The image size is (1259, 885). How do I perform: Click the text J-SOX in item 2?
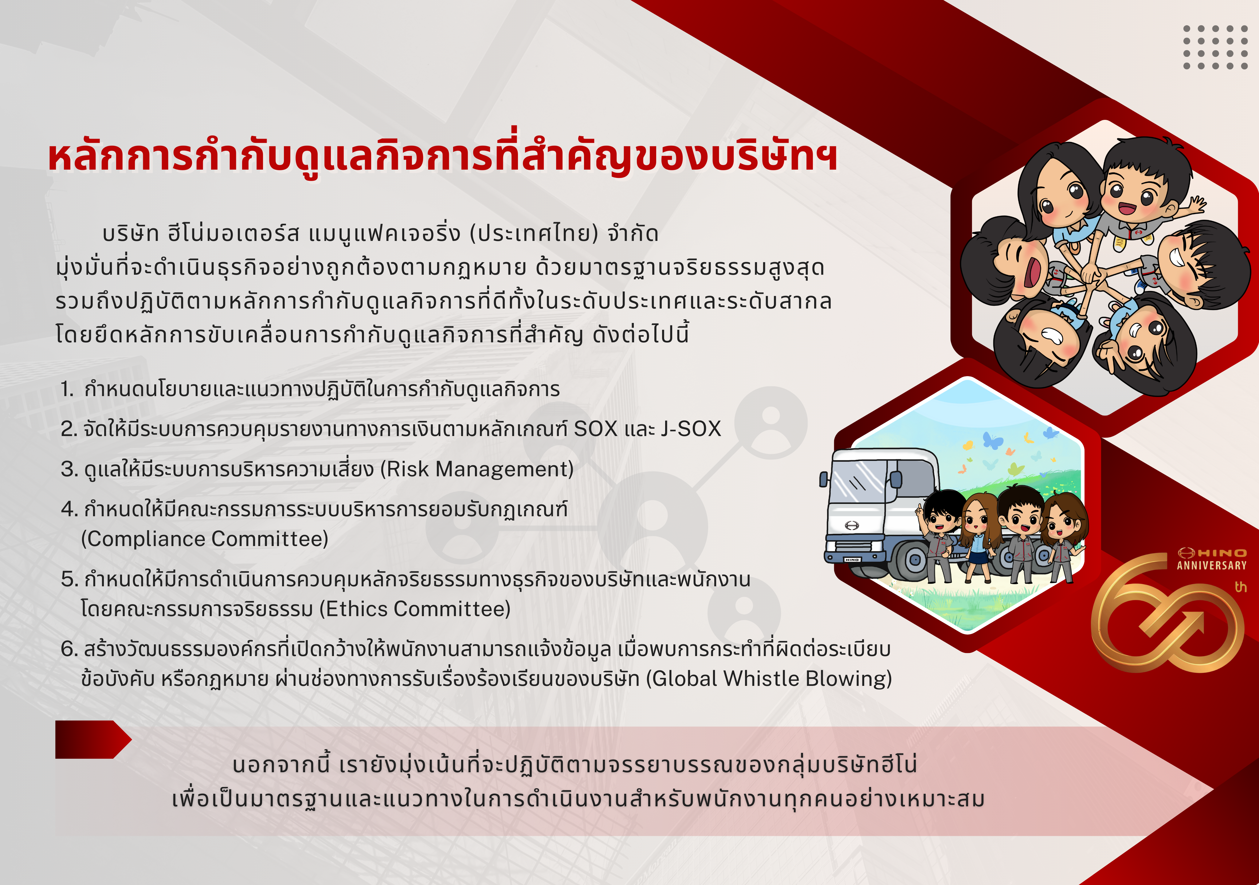tap(691, 429)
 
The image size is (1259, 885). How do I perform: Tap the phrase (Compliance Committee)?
tap(205, 539)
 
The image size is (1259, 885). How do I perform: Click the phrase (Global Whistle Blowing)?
tap(769, 679)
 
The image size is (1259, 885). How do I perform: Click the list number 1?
tap(67, 389)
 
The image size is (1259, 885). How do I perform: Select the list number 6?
tap(69, 649)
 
